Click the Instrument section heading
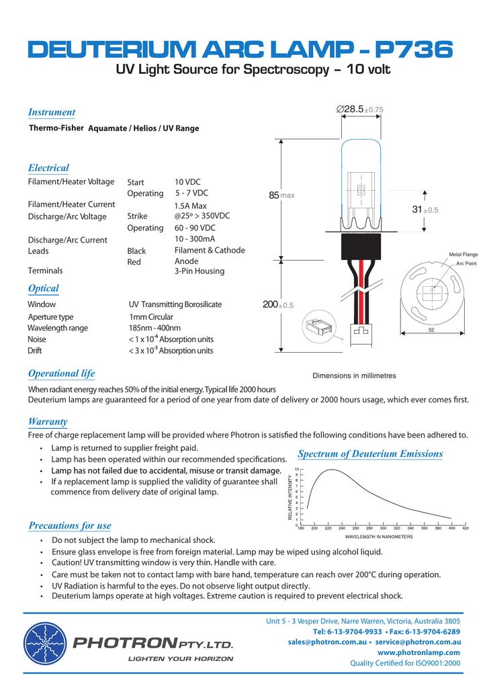[52, 112]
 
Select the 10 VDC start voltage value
[187, 182]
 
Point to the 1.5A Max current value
[190, 206]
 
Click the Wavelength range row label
[58, 328]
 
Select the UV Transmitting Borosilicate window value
[175, 304]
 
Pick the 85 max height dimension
[281, 196]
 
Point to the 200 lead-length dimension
[277, 306]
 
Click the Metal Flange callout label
[463, 255]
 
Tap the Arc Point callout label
[466, 263]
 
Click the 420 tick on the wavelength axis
[466, 529]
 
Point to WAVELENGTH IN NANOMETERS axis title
[379, 537]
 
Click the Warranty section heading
[48, 421]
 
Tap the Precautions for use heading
[70, 525]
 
